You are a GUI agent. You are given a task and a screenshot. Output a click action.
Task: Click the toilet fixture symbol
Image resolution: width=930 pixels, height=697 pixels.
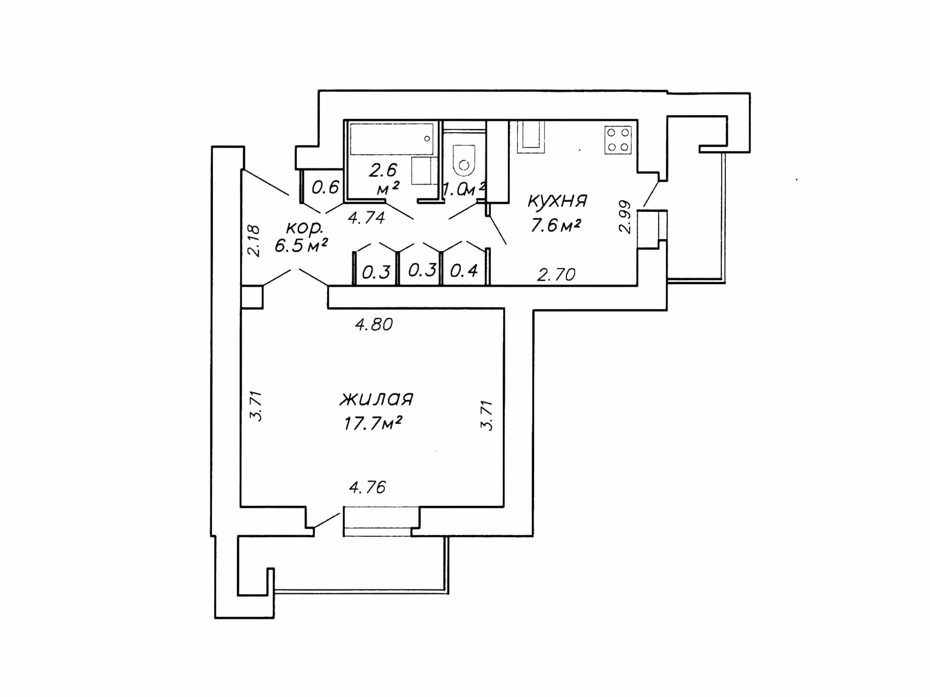pos(464,160)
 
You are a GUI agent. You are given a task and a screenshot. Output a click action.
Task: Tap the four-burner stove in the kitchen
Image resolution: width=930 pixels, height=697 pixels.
pos(618,139)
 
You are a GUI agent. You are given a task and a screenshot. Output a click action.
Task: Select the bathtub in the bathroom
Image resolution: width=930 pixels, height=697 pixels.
pos(392,138)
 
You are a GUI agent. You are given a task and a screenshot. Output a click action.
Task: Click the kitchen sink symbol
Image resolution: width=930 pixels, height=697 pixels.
pos(531,137)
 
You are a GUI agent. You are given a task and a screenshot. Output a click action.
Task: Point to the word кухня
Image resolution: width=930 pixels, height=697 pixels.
pos(557,201)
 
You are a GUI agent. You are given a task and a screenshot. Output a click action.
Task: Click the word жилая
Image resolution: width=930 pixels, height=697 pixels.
pos(377,399)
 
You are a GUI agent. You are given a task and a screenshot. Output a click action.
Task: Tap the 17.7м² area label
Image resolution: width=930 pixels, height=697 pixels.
pos(373,423)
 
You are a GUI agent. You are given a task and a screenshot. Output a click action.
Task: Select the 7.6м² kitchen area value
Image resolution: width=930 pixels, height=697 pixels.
pos(556,226)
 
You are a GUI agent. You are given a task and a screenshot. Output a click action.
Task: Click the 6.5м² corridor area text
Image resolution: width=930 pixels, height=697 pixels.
pos(301,245)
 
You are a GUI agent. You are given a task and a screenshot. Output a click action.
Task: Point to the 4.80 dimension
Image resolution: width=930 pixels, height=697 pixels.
pos(374,324)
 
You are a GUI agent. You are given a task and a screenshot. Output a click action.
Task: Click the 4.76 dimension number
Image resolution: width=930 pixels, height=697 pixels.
pos(367,487)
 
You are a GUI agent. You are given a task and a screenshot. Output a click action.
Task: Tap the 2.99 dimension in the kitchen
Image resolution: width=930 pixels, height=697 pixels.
pos(624,217)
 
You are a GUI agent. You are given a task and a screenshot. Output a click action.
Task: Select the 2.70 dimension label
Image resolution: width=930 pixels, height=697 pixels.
pos(556,275)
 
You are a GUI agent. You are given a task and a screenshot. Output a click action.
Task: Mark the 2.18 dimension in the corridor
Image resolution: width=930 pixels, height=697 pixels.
pos(254,241)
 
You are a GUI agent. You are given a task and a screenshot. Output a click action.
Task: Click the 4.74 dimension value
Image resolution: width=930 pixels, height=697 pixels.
pos(366,217)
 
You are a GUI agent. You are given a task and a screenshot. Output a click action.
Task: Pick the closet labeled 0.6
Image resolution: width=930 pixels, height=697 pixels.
pos(325,187)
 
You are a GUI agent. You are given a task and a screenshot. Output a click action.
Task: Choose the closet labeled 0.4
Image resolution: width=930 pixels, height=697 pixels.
pos(464,270)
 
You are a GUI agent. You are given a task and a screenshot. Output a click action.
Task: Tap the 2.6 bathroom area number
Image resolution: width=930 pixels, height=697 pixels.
pos(383,171)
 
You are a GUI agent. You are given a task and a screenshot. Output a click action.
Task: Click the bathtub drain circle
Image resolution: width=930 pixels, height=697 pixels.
pos(427,138)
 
